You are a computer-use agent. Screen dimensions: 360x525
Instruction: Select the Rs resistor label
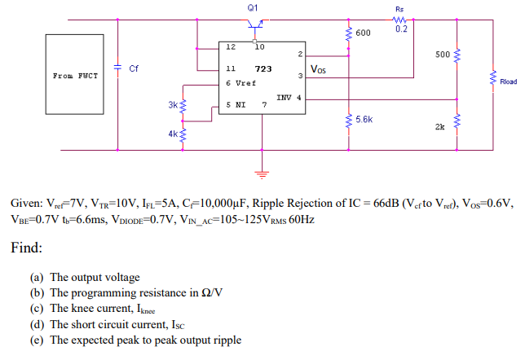tap(399, 10)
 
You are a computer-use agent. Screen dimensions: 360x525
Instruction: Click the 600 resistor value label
tap(363, 33)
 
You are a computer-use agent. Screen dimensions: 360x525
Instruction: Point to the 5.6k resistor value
tap(364, 119)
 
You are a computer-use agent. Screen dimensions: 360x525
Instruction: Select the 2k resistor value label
tap(440, 127)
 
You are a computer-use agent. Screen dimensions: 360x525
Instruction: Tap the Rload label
tap(508, 81)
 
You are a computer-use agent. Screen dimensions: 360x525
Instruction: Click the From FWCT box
tap(76, 76)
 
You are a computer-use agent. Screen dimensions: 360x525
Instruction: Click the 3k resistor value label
tap(172, 105)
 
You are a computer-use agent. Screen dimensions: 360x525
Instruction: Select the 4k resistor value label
tap(172, 132)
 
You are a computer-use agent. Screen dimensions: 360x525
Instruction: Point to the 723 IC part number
tap(263, 69)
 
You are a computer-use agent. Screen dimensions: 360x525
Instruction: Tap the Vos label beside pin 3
tap(319, 70)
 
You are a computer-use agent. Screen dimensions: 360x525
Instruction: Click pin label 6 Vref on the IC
tap(240, 83)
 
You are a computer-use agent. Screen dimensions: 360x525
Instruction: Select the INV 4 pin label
tap(289, 97)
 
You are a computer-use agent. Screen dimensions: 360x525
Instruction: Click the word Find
tap(27, 247)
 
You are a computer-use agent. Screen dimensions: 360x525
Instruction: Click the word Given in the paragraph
tap(26, 202)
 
